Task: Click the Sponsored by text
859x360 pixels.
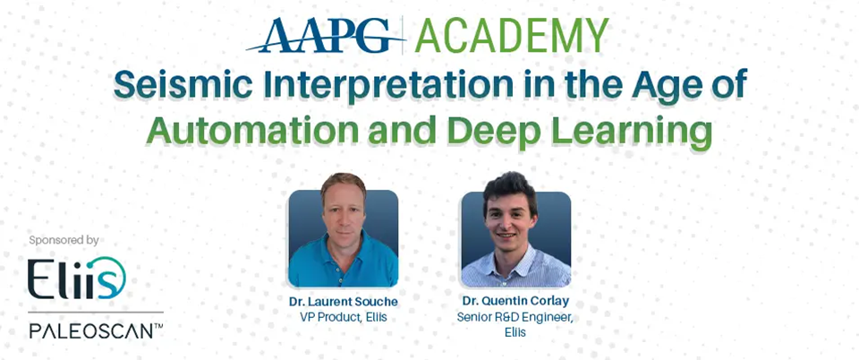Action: (64, 240)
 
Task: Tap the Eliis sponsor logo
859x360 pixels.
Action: (77, 279)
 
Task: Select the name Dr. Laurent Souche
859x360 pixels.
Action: (344, 302)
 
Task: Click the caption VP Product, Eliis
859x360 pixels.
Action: (344, 317)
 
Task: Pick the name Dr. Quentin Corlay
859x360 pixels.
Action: (515, 302)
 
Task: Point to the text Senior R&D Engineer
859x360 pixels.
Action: (515, 318)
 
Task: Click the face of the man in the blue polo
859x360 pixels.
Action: (344, 211)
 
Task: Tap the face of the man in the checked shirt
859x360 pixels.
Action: (509, 215)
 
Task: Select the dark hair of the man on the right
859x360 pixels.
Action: (509, 187)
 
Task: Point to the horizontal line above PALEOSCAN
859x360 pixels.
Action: (96, 313)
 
